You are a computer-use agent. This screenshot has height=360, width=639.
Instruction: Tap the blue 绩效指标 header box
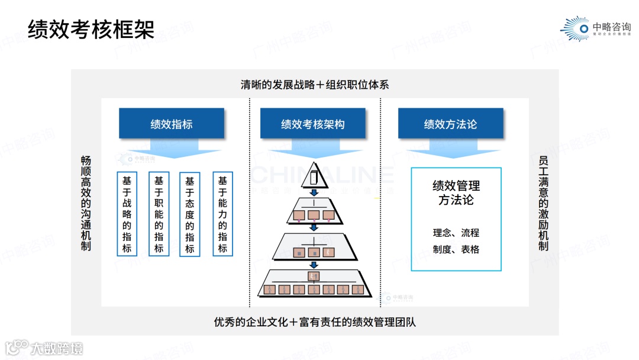pos(172,124)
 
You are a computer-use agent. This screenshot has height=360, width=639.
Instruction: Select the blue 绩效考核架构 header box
pos(313,124)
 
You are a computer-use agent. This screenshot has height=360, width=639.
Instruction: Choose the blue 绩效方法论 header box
pos(450,124)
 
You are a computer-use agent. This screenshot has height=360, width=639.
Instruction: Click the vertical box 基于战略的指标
pos(127,214)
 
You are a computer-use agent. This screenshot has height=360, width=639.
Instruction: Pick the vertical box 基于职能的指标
pos(159,214)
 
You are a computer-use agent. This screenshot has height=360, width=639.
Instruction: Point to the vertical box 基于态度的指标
pos(190,214)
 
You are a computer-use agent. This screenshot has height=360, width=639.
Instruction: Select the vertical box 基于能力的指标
pos(222,214)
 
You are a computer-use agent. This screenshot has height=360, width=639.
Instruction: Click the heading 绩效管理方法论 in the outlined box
pos(456,193)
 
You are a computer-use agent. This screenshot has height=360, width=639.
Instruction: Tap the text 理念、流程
pos(456,233)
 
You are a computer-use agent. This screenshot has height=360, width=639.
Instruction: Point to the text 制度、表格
pos(456,249)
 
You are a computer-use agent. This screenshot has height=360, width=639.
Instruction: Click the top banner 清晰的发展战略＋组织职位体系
pos(315,85)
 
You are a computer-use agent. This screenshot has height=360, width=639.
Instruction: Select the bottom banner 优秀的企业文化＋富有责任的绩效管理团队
pos(315,323)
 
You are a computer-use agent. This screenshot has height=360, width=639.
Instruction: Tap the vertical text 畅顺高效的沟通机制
pos(86,203)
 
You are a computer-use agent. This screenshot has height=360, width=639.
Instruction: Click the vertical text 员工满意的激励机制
pos(543,203)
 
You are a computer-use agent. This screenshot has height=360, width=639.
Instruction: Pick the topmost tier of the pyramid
pos(314,178)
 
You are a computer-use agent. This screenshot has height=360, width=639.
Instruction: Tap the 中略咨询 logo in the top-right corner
pos(595,28)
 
